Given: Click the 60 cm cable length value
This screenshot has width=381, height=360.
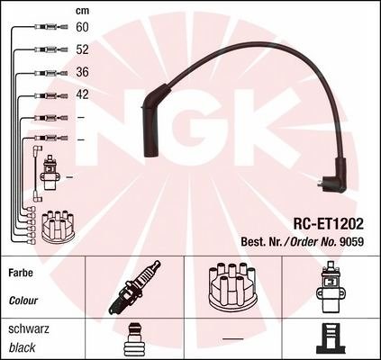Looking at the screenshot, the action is pos(82,27).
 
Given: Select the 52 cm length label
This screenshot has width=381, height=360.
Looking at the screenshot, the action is pos(82,49).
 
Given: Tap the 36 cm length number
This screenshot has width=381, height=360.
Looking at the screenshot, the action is pos(82,72).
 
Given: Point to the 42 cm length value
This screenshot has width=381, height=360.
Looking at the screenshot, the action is pos(82,94).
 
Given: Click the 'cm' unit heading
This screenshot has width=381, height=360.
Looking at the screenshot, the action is pos(82,11).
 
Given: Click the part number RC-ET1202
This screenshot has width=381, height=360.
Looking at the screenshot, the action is pos(328,224).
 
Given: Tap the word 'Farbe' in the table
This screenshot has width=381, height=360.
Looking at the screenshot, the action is pos(21,273).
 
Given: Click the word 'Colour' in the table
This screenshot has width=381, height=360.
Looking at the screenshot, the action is pos(23,301).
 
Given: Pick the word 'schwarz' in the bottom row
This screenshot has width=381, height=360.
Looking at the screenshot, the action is pos(29,329).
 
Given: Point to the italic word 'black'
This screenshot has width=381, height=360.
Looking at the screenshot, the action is pos(22,347).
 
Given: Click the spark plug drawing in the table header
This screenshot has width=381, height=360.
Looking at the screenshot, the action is pos(134,287).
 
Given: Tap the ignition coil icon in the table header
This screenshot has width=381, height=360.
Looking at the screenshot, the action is pos(330,287).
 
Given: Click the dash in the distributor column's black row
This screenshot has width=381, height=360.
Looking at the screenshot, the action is pos(232,338).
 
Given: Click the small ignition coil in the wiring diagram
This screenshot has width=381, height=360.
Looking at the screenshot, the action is pos(49,173).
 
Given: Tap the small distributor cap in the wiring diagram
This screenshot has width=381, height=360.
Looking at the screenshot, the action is pos(58,227).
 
